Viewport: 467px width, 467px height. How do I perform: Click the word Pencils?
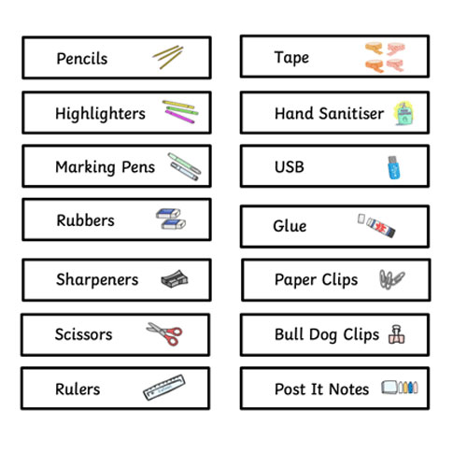click(x=82, y=59)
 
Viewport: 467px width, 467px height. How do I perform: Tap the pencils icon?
click(x=168, y=57)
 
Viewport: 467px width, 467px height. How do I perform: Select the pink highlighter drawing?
click(x=179, y=117)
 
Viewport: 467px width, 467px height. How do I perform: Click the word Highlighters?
click(x=100, y=114)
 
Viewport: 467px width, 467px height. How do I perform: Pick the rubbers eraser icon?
click(x=171, y=219)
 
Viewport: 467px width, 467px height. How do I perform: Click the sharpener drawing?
click(x=175, y=279)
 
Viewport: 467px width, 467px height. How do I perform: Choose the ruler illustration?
click(x=164, y=388)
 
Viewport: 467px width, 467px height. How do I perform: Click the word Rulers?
click(x=78, y=389)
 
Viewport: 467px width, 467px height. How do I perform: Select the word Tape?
click(x=291, y=58)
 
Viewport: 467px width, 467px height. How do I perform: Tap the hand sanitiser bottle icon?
click(x=403, y=113)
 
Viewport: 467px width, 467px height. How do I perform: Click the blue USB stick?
click(x=394, y=167)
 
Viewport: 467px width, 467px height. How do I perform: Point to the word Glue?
click(x=290, y=226)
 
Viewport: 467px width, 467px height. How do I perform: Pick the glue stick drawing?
click(x=376, y=225)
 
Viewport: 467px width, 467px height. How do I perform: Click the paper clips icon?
click(x=391, y=279)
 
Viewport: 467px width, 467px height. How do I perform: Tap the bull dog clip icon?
click(x=397, y=334)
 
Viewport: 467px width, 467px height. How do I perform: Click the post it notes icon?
click(x=400, y=388)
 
